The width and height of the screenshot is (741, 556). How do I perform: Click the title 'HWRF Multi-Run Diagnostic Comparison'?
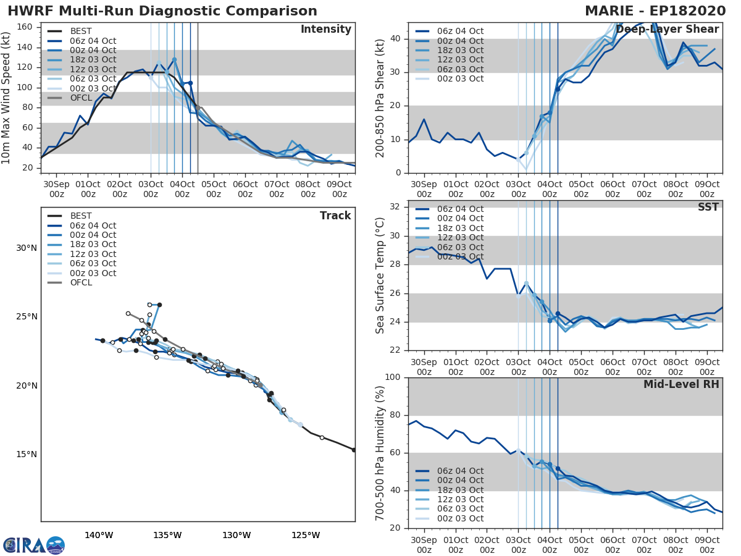tap(162, 11)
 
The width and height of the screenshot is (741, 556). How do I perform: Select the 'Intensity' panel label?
tap(325, 30)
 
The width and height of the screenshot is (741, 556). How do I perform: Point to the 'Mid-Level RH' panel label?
tap(681, 384)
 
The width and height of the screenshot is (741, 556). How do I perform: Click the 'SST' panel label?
tap(708, 207)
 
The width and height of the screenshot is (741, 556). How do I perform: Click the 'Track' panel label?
tap(335, 216)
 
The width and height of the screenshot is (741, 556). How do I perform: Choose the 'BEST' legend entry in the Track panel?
tap(81, 216)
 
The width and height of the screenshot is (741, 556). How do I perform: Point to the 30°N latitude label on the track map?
tap(27, 248)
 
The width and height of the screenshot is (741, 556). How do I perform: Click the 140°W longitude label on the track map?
tap(99, 535)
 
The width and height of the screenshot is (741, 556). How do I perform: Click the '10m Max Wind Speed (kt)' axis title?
tap(7, 98)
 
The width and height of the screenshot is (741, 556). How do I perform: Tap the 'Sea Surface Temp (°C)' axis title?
tap(380, 276)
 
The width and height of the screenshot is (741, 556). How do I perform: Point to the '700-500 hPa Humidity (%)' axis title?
tap(380, 453)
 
